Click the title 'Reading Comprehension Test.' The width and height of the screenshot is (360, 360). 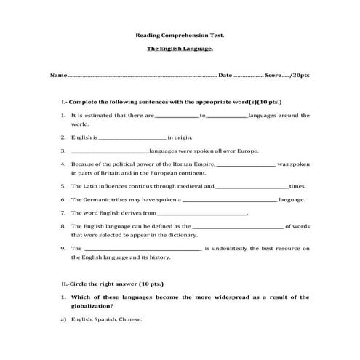click(180, 34)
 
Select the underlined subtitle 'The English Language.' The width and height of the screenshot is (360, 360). click(180, 49)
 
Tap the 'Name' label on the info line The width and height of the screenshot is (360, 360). click(58, 76)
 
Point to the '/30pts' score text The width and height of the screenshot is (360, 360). click(300, 76)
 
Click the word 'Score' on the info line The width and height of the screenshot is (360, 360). click(273, 76)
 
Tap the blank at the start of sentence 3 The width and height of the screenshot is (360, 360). click(110, 151)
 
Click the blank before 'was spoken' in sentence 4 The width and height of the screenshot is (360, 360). click(246, 165)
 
